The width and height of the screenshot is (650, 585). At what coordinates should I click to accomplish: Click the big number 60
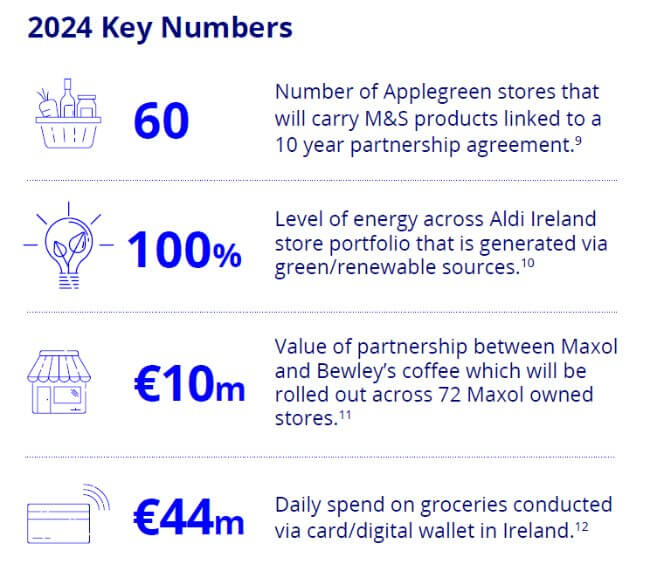pyautogui.click(x=161, y=121)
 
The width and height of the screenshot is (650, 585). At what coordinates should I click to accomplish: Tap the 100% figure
pyautogui.click(x=184, y=250)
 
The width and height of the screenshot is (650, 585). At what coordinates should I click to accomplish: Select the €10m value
pyautogui.click(x=189, y=384)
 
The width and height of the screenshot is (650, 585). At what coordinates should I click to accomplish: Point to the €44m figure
pyautogui.click(x=189, y=517)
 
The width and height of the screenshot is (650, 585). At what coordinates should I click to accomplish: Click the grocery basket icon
pyautogui.click(x=68, y=113)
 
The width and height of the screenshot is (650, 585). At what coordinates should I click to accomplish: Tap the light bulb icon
pyautogui.click(x=68, y=245)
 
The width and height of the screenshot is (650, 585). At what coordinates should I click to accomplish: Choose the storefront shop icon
pyautogui.click(x=59, y=382)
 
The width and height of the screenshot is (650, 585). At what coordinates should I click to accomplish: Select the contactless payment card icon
pyautogui.click(x=68, y=514)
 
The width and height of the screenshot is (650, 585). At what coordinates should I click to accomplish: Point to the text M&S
pyautogui.click(x=386, y=119)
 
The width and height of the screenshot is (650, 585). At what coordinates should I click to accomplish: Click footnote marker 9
pyautogui.click(x=578, y=141)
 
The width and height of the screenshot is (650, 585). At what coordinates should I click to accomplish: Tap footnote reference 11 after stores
pyautogui.click(x=345, y=415)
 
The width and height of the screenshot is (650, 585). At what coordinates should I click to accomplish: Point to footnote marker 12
pyautogui.click(x=582, y=527)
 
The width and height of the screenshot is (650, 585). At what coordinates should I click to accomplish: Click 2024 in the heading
pyautogui.click(x=60, y=28)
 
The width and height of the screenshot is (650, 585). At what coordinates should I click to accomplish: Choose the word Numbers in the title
pyautogui.click(x=227, y=28)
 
